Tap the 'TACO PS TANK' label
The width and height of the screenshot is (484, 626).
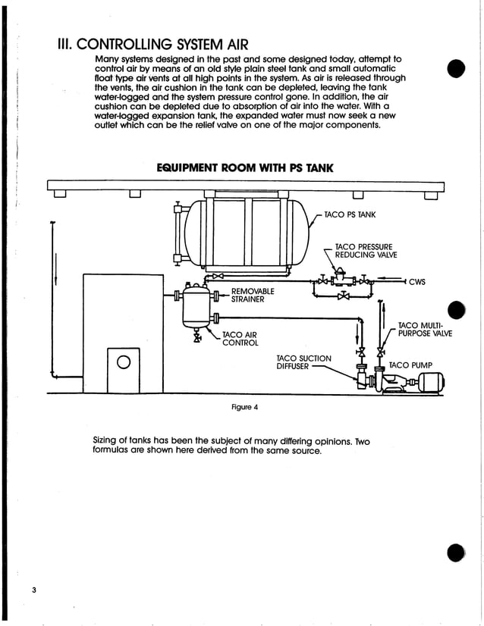point(350,215)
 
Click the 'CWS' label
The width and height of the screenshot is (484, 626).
point(416,283)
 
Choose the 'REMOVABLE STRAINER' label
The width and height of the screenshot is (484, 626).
point(253,295)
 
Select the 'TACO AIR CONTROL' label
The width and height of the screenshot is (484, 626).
point(240,338)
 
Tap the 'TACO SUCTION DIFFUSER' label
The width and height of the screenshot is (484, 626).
point(303,362)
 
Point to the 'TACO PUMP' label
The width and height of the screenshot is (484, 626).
point(410,365)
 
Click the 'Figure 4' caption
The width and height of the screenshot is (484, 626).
point(244,407)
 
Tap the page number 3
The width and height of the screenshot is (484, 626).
point(34,590)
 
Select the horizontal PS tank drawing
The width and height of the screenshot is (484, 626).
point(247,233)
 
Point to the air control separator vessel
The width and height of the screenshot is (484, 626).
point(197,306)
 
